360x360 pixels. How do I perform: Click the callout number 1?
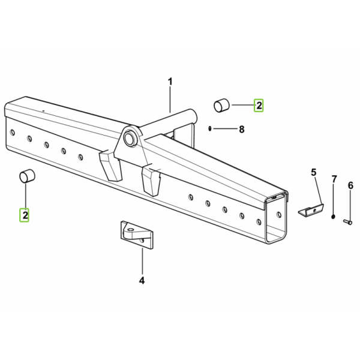(x=170, y=82)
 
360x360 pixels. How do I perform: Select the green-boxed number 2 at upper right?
(x=259, y=106)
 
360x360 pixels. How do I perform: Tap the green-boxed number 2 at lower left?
(x=25, y=215)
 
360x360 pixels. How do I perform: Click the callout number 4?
(x=142, y=280)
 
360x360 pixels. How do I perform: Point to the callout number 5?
(x=314, y=172)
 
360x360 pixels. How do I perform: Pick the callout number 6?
(x=350, y=185)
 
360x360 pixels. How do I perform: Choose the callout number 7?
(x=334, y=179)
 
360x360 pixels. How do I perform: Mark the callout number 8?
(x=242, y=130)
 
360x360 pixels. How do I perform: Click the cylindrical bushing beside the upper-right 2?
(x=221, y=106)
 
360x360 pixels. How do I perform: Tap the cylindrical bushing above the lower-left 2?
(x=27, y=176)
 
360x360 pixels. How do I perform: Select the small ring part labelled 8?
(x=209, y=128)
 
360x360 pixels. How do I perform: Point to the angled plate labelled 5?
(x=311, y=211)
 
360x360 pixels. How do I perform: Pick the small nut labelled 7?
(x=333, y=216)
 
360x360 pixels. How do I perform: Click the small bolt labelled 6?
(x=347, y=222)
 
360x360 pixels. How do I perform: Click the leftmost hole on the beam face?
(x=13, y=133)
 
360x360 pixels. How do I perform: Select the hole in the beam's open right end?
(x=279, y=215)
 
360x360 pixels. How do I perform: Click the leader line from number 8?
(x=225, y=129)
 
